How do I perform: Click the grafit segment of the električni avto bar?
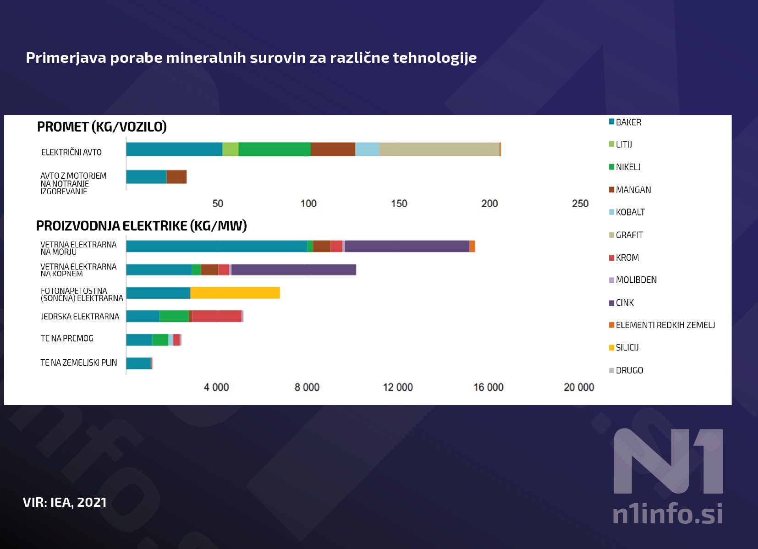[x=439, y=149]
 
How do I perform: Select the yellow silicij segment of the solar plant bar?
[x=235, y=293]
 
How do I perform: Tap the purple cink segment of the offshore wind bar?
[x=407, y=246]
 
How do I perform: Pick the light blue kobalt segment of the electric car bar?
[x=367, y=149]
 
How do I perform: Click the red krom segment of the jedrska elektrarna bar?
[x=216, y=316]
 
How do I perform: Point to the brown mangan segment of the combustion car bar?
[x=176, y=177]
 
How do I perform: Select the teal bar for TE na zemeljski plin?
[x=138, y=363]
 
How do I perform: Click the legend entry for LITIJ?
[x=623, y=144]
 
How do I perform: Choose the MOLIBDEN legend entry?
[x=636, y=280]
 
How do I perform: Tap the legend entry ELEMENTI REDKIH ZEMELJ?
[x=665, y=325]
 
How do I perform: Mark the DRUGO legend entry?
[x=629, y=370]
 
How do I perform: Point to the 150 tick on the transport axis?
[x=399, y=203]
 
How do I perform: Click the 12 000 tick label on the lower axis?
[x=398, y=387]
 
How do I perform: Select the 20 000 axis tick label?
[x=579, y=387]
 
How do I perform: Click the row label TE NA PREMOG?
[x=67, y=339]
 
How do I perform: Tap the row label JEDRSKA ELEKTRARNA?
[x=80, y=317]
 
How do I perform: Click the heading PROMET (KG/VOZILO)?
[x=102, y=127]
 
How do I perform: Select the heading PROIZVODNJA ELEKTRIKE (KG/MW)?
[x=141, y=226]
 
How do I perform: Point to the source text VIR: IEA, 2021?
[x=65, y=502]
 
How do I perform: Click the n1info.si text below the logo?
[x=668, y=514]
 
